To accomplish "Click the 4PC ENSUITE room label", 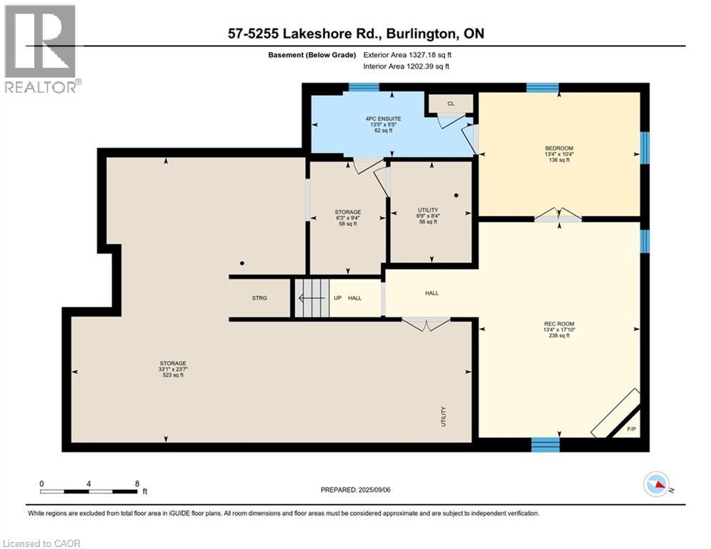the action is coord(383,119).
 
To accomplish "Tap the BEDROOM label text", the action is coord(559,148).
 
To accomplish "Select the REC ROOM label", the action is coord(559,324).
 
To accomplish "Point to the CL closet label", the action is coord(451,104).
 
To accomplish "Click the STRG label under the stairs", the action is coord(259,298).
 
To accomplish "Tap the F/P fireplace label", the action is coord(631,429).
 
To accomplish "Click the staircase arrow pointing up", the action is coord(312,298).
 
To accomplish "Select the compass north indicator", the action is coord(657,484).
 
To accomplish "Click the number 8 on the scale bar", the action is coord(137,484).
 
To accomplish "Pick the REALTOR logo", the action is coord(41,49).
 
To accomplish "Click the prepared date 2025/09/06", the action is coord(374,490).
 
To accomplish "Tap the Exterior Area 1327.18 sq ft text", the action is coord(407,55).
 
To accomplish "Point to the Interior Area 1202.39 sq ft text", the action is coord(407,66).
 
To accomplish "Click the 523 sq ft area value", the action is coord(173,375).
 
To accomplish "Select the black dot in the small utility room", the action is coord(456,195).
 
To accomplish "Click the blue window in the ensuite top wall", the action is coord(364,87).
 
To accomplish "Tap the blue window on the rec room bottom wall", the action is coord(545,445).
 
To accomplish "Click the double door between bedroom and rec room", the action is coord(558,215).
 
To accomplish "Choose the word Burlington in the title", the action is coord(422,34).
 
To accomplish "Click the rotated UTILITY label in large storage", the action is coord(444,417).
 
